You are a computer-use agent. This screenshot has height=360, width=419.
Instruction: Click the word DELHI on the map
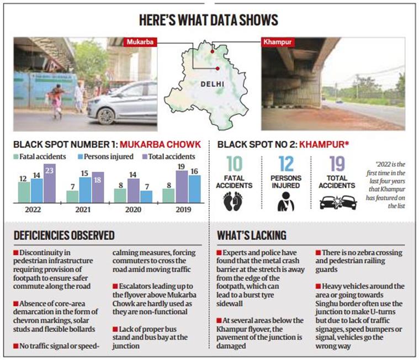tap(212, 84)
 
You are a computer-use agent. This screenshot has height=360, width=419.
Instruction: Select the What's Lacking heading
tap(252, 235)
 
